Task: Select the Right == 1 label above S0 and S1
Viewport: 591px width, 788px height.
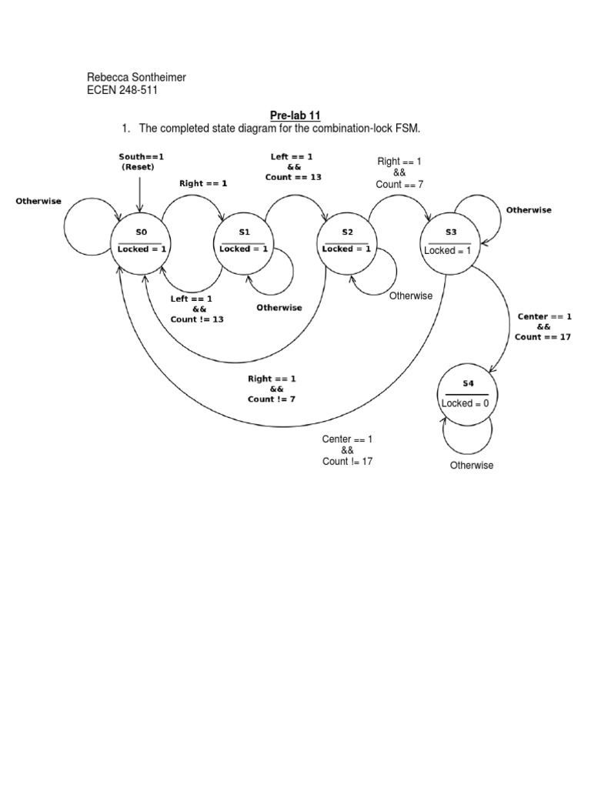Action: pyautogui.click(x=203, y=184)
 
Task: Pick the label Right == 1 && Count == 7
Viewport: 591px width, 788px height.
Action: pyautogui.click(x=399, y=172)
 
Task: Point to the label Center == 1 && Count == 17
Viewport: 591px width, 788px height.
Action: pyautogui.click(x=543, y=326)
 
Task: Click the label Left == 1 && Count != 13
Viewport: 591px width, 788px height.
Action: pyautogui.click(x=197, y=309)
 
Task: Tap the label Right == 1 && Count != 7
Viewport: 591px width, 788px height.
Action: pyautogui.click(x=272, y=389)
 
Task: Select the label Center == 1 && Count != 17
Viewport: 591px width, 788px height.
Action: pyautogui.click(x=347, y=450)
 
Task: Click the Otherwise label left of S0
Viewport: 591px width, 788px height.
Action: pyautogui.click(x=38, y=201)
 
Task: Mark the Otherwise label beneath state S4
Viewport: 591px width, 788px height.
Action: pyautogui.click(x=472, y=466)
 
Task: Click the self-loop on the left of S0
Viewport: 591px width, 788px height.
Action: pyautogui.click(x=77, y=231)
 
